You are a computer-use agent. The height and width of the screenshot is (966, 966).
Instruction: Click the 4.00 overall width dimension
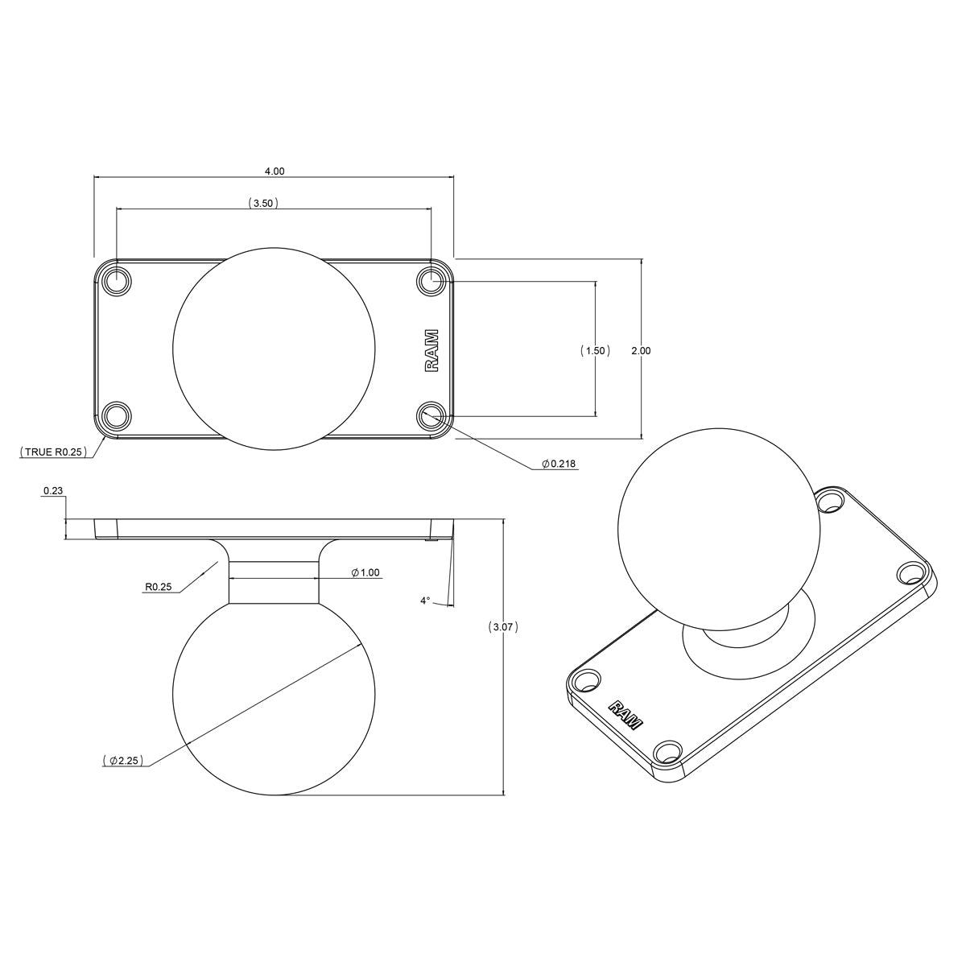tap(275, 171)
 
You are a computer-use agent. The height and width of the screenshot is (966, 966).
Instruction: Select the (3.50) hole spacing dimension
tap(263, 204)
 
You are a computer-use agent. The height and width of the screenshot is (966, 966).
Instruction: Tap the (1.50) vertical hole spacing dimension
tap(595, 350)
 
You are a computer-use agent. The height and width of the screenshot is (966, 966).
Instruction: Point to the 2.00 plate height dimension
tap(641, 350)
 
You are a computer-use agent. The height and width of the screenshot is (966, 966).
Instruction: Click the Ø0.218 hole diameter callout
tap(559, 464)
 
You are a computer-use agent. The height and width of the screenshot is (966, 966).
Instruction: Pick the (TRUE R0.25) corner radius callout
tap(53, 452)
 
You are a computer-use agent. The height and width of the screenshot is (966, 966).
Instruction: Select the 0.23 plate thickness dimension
tap(53, 489)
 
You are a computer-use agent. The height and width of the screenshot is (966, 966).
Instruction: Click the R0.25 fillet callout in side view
tap(159, 588)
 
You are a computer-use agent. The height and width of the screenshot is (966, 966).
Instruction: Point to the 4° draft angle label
tap(425, 601)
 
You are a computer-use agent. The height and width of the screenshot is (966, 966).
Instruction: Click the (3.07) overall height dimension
tap(503, 626)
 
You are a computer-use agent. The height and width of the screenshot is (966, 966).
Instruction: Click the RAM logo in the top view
tap(431, 351)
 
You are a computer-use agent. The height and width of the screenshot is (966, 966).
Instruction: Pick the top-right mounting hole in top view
tap(431, 282)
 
